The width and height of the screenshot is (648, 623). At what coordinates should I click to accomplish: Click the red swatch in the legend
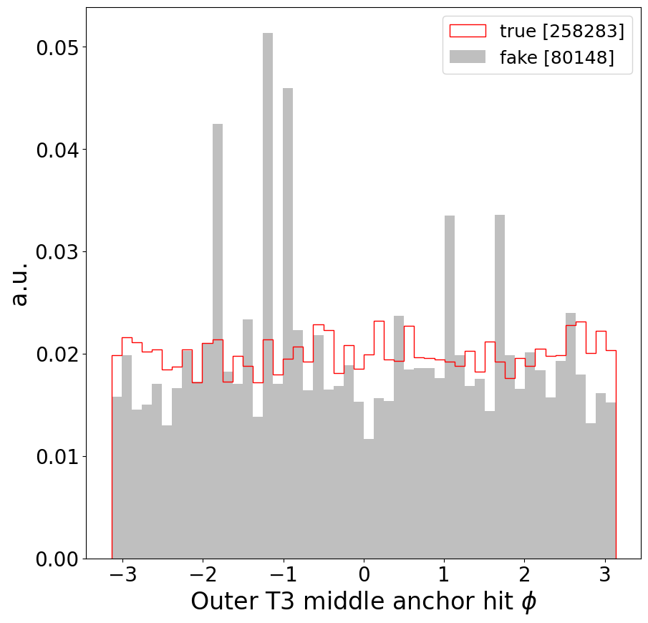pyautogui.click(x=467, y=31)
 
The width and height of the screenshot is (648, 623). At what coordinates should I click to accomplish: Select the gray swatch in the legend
pyautogui.click(x=467, y=57)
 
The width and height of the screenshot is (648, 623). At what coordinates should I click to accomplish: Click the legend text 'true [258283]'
pyautogui.click(x=561, y=31)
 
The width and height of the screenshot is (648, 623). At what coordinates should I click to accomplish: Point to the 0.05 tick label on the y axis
pyautogui.click(x=57, y=47)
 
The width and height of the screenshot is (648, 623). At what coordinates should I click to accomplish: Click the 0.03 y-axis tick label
pyautogui.click(x=57, y=252)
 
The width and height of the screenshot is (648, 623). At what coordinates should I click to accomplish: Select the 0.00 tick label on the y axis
pyautogui.click(x=57, y=559)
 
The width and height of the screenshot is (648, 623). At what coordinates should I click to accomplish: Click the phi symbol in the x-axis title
pyautogui.click(x=528, y=602)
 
